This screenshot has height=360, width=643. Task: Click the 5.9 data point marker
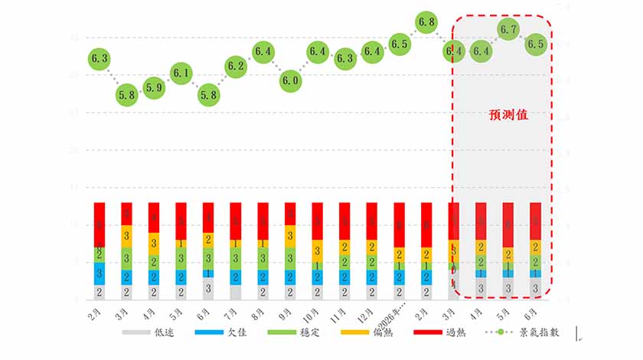154,87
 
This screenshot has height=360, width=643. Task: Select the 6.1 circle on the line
181,74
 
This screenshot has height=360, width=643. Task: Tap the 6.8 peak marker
426,22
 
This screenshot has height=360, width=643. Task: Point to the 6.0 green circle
290,80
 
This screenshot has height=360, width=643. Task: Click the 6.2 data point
236,66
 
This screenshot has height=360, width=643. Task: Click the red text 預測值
508,115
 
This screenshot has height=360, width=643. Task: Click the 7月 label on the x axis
233,313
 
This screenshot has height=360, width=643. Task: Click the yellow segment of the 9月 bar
290,236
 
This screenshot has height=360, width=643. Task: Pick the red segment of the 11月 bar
344,221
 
